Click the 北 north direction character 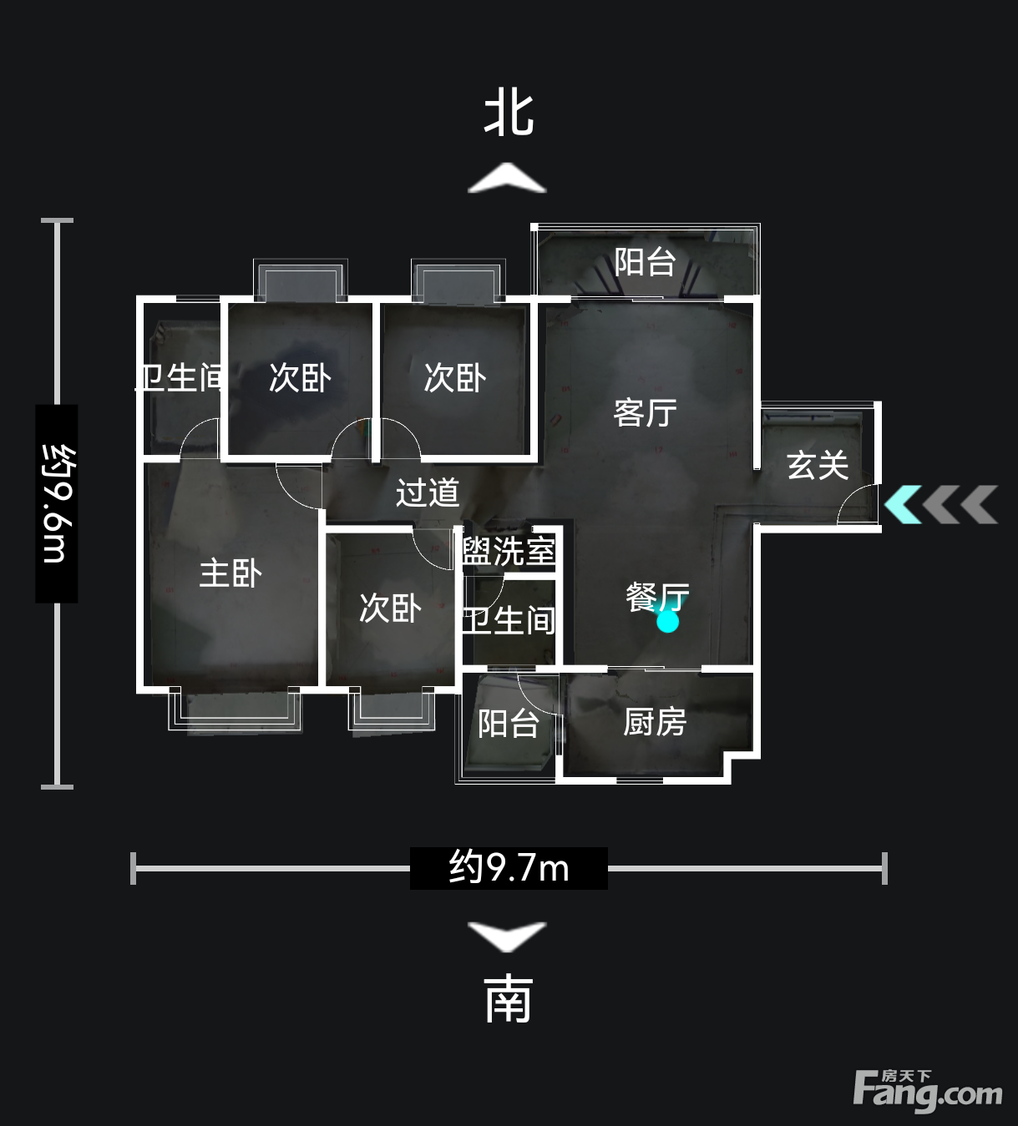coord(509,114)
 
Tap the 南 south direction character coord(509,1002)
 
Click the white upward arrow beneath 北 coord(507,178)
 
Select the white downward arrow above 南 coord(507,937)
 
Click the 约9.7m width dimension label coord(509,868)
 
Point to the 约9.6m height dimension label coord(57,503)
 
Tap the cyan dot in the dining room coord(667,622)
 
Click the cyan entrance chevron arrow coord(903,505)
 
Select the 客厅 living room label coord(645,413)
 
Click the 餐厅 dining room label coord(658,598)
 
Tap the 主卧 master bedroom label coord(230,573)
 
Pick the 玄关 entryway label coord(818,465)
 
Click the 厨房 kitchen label coord(655,722)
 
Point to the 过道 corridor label coord(428,492)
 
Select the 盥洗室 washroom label coord(509,551)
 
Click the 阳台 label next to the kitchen coord(509,724)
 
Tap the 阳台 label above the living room coord(645,262)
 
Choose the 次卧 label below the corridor coord(391,608)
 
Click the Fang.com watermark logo coord(928,1091)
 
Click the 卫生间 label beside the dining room coord(509,621)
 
